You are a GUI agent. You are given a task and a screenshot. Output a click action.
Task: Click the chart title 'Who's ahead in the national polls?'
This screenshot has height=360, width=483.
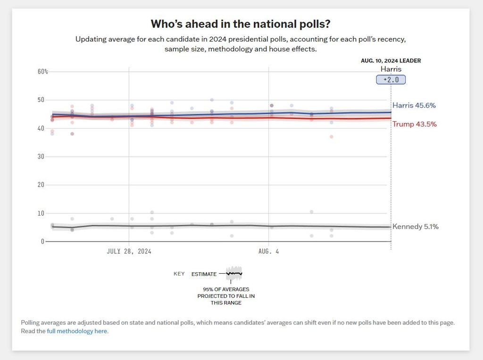241,24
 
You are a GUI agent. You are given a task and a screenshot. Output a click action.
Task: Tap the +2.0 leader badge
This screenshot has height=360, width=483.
391,80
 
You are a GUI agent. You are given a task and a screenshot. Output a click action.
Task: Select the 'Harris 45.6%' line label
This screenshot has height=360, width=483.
414,106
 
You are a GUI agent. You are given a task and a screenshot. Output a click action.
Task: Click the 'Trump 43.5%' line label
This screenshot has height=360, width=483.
414,124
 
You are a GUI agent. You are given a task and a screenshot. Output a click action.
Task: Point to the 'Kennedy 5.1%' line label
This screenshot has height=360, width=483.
415,226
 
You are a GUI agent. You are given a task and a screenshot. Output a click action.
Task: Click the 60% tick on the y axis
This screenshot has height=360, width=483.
43,71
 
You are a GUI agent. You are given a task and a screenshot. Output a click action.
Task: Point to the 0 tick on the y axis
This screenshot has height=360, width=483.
42,241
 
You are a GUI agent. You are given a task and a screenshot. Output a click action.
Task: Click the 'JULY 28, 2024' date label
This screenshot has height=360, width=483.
129,251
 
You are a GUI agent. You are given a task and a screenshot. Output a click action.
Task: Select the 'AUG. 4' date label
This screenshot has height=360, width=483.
268,251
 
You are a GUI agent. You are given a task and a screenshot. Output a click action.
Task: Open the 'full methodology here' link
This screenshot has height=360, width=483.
77,331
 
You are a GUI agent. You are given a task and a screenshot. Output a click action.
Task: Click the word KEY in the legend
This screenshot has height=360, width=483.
179,274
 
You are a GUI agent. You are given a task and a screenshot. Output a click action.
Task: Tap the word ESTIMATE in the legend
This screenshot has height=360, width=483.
204,274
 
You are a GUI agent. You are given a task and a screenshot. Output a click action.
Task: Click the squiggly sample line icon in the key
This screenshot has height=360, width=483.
234,273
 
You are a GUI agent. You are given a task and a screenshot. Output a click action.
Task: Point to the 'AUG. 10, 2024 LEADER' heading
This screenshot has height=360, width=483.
391,61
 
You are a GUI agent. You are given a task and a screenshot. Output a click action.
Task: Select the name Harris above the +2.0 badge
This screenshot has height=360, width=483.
391,69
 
